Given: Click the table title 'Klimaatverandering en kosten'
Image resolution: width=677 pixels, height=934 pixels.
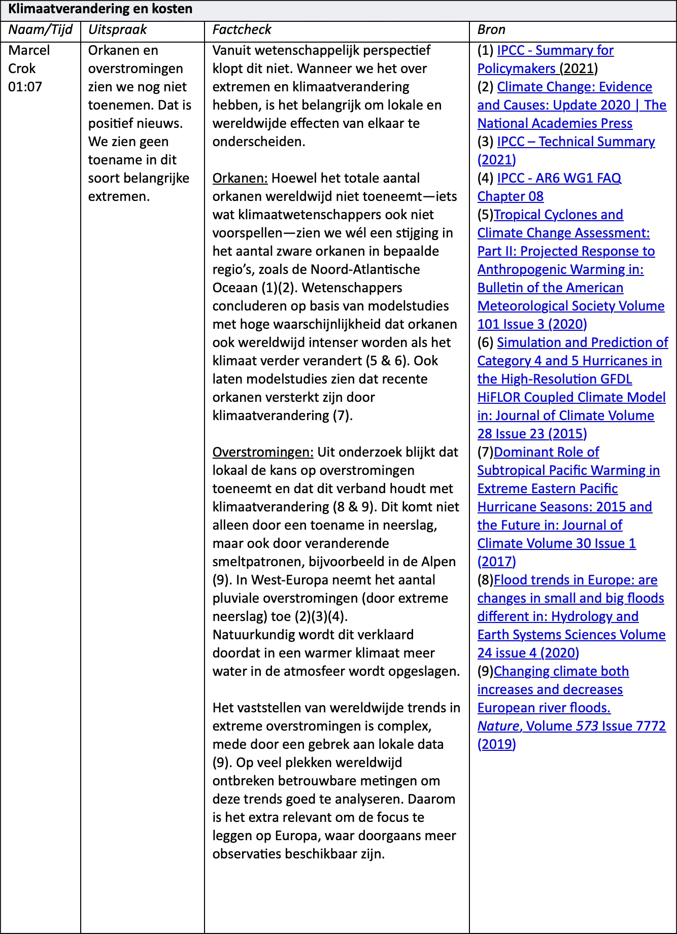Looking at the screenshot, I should (x=100, y=9).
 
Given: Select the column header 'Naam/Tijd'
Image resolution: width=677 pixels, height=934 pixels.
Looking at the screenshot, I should (x=41, y=30).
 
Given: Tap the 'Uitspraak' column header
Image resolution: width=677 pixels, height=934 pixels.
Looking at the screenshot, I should (x=117, y=30).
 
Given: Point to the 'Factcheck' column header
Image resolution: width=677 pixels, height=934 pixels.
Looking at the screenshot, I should (x=242, y=30).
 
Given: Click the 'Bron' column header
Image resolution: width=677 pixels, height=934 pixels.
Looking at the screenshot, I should (x=491, y=30).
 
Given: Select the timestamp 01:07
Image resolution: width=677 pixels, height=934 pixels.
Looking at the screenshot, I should (x=25, y=87).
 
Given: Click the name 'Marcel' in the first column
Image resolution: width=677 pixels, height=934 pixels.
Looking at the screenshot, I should (x=29, y=50).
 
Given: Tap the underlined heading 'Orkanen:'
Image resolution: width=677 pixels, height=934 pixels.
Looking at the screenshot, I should (x=240, y=178).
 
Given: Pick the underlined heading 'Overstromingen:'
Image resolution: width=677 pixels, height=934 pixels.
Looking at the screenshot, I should (x=263, y=452).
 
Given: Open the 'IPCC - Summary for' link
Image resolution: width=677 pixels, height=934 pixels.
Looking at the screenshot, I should (x=555, y=50).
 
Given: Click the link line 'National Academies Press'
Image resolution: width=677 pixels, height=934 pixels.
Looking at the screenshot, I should (x=555, y=123).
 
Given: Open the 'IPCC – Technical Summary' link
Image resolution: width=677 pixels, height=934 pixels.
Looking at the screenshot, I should (x=576, y=142).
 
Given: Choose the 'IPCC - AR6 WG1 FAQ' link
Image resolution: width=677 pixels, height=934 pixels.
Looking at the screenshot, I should (x=559, y=178).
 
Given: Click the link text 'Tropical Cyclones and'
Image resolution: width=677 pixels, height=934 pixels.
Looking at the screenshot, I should (x=558, y=215).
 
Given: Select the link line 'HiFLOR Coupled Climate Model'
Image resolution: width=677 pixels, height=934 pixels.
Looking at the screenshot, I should (x=571, y=397).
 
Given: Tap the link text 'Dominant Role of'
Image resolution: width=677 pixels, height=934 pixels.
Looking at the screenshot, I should (x=546, y=452).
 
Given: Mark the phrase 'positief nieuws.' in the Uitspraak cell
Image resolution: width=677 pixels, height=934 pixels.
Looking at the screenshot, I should (x=136, y=123).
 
